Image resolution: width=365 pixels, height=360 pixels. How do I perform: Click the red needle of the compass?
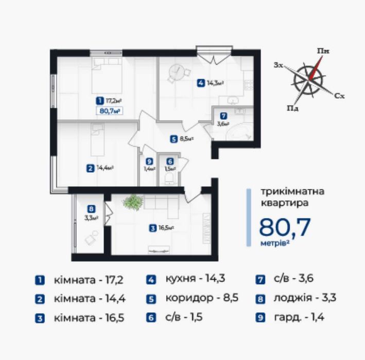(316, 67)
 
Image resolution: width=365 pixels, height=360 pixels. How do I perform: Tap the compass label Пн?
(323, 51)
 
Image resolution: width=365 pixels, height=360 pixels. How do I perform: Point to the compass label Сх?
(339, 96)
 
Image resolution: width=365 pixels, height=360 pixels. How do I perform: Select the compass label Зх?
(279, 65)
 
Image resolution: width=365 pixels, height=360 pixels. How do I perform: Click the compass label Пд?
(292, 108)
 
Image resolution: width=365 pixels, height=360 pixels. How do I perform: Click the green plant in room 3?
(133, 202)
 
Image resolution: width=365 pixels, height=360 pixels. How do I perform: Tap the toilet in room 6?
(169, 179)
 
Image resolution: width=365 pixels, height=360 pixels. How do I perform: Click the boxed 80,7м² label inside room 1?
(110, 111)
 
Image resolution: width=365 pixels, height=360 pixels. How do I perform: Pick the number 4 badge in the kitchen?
(201, 83)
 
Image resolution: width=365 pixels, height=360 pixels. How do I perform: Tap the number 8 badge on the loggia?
(91, 209)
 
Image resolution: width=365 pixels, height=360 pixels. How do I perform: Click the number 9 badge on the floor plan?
(149, 161)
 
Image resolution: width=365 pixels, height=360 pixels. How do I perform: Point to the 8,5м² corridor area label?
(187, 139)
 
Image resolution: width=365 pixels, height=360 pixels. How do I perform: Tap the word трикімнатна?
(292, 192)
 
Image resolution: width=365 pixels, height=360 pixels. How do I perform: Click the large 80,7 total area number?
(285, 227)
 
